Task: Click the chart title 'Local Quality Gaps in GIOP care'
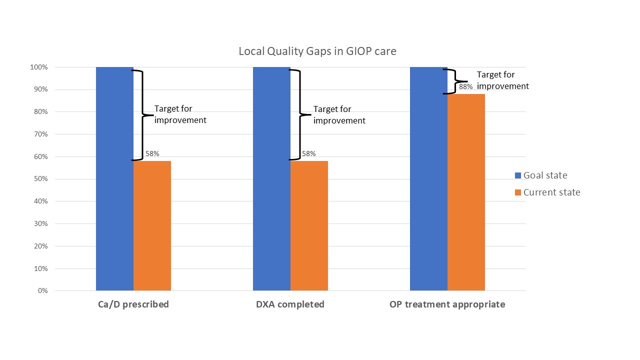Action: (x=317, y=51)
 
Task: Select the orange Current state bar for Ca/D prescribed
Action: (x=152, y=225)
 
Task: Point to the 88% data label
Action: (x=465, y=86)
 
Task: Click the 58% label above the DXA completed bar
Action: (x=309, y=154)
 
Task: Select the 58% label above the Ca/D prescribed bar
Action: (x=152, y=154)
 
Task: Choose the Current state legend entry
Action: (x=547, y=192)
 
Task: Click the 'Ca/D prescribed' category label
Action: (x=133, y=304)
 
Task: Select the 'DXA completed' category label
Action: (x=290, y=304)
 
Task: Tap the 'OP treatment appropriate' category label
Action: (x=447, y=304)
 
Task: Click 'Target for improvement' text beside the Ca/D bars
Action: (x=180, y=114)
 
